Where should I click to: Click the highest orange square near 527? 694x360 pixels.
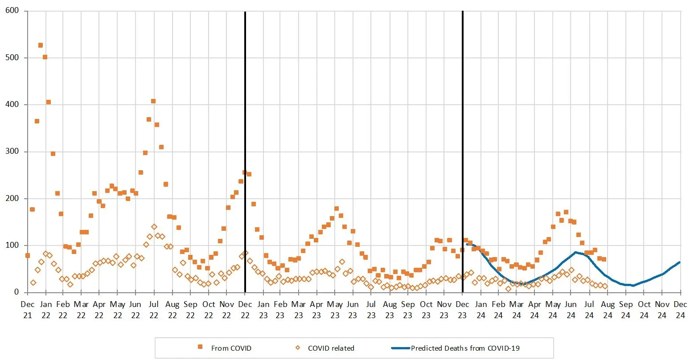[x=41, y=45]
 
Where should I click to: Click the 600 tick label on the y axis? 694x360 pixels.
[x=12, y=11]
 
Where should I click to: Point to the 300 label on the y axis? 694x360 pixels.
[x=12, y=151]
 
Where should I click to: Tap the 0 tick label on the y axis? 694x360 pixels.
[x=17, y=292]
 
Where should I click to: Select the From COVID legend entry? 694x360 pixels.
[x=231, y=348]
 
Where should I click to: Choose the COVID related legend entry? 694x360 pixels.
[x=331, y=348]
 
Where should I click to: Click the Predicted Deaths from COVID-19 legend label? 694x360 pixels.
[x=465, y=348]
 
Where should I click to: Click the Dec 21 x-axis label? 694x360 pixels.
[x=27, y=310]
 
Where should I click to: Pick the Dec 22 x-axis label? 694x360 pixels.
[x=245, y=310]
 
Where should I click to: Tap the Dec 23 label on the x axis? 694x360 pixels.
[x=462, y=310]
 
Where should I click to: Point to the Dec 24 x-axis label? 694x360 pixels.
[x=680, y=310]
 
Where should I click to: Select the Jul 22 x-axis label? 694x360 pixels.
[x=154, y=310]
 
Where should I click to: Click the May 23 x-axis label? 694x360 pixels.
[x=335, y=310]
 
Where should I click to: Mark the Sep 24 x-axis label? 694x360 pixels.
[x=626, y=310]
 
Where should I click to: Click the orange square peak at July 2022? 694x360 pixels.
[x=153, y=101]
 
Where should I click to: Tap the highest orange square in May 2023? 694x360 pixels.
[x=337, y=209]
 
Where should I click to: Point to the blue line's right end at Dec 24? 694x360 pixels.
[x=680, y=262]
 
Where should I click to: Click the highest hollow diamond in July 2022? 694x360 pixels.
[x=154, y=227]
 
